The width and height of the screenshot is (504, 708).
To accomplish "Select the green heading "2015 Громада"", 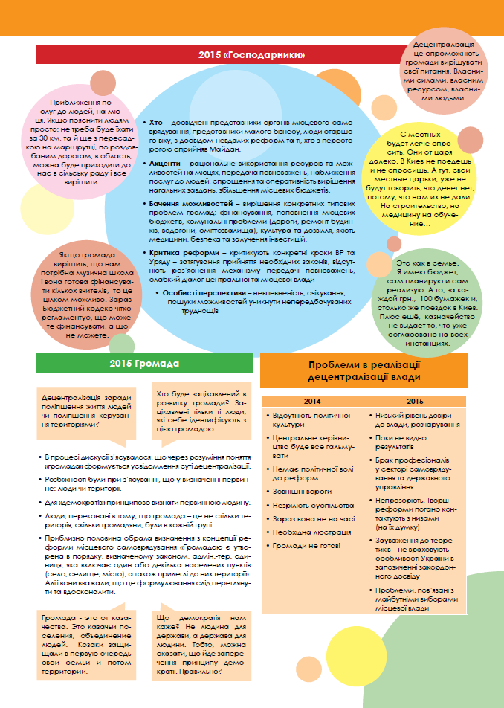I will click(x=144, y=364).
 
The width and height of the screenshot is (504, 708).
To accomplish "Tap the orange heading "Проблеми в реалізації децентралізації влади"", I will click(x=364, y=370).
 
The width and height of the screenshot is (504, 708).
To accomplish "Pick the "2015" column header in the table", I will click(x=415, y=402).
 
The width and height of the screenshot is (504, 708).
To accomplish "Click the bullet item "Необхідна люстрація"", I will click(x=312, y=532).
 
